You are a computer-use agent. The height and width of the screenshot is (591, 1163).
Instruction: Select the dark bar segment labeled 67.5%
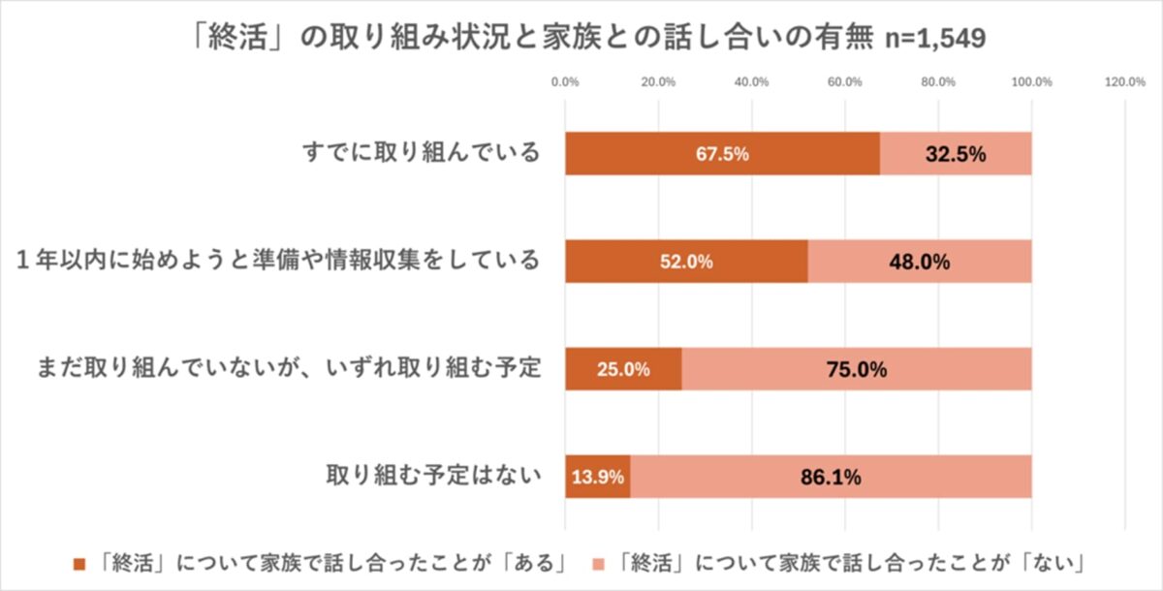coord(722,153)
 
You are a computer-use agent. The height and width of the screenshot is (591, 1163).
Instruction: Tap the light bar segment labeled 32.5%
coord(956,153)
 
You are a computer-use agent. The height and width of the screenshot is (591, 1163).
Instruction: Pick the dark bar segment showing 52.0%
coord(686,261)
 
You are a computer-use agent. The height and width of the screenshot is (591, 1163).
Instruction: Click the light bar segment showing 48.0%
coord(920,261)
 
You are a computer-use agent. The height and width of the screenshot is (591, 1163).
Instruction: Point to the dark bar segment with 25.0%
coord(623,369)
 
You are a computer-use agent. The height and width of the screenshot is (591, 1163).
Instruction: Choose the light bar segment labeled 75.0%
coord(857,369)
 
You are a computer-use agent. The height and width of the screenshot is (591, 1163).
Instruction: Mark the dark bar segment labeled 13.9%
coord(597,477)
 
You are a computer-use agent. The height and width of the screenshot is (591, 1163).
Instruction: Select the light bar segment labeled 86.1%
coord(831,477)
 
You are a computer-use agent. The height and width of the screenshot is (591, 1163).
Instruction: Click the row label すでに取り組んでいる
coord(418,153)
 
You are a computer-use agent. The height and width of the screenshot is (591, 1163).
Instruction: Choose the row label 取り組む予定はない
coord(430,477)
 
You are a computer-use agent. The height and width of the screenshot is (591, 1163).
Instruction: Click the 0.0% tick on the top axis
coord(565,82)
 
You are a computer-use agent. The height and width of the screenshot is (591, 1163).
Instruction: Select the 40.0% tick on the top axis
coord(752,82)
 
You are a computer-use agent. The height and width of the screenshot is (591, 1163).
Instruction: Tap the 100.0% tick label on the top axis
coord(1031,82)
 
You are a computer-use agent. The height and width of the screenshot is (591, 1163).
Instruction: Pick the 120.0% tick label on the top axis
coord(1124,82)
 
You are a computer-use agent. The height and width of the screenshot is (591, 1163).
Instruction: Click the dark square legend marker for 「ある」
coord(79,563)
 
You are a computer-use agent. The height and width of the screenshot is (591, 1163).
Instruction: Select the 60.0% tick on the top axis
coord(845,82)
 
